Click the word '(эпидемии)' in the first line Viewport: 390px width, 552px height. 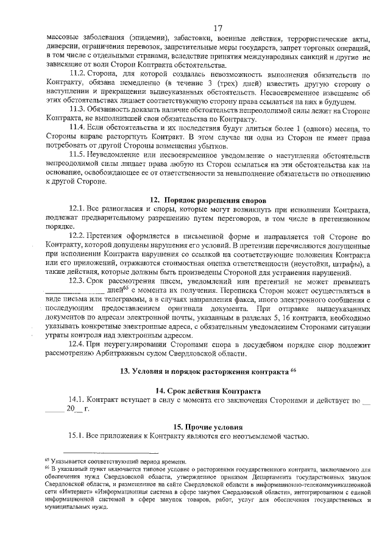151,38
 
